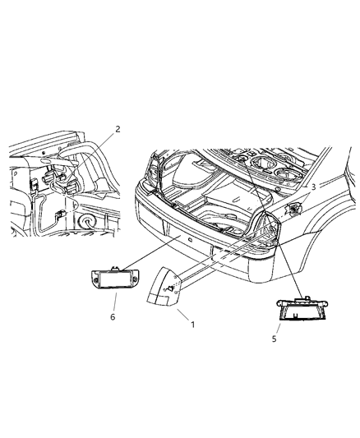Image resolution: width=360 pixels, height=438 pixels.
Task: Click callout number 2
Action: point(118,129)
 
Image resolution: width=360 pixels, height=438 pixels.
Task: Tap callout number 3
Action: point(313,187)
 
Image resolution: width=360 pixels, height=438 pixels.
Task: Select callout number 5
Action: point(288,337)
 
